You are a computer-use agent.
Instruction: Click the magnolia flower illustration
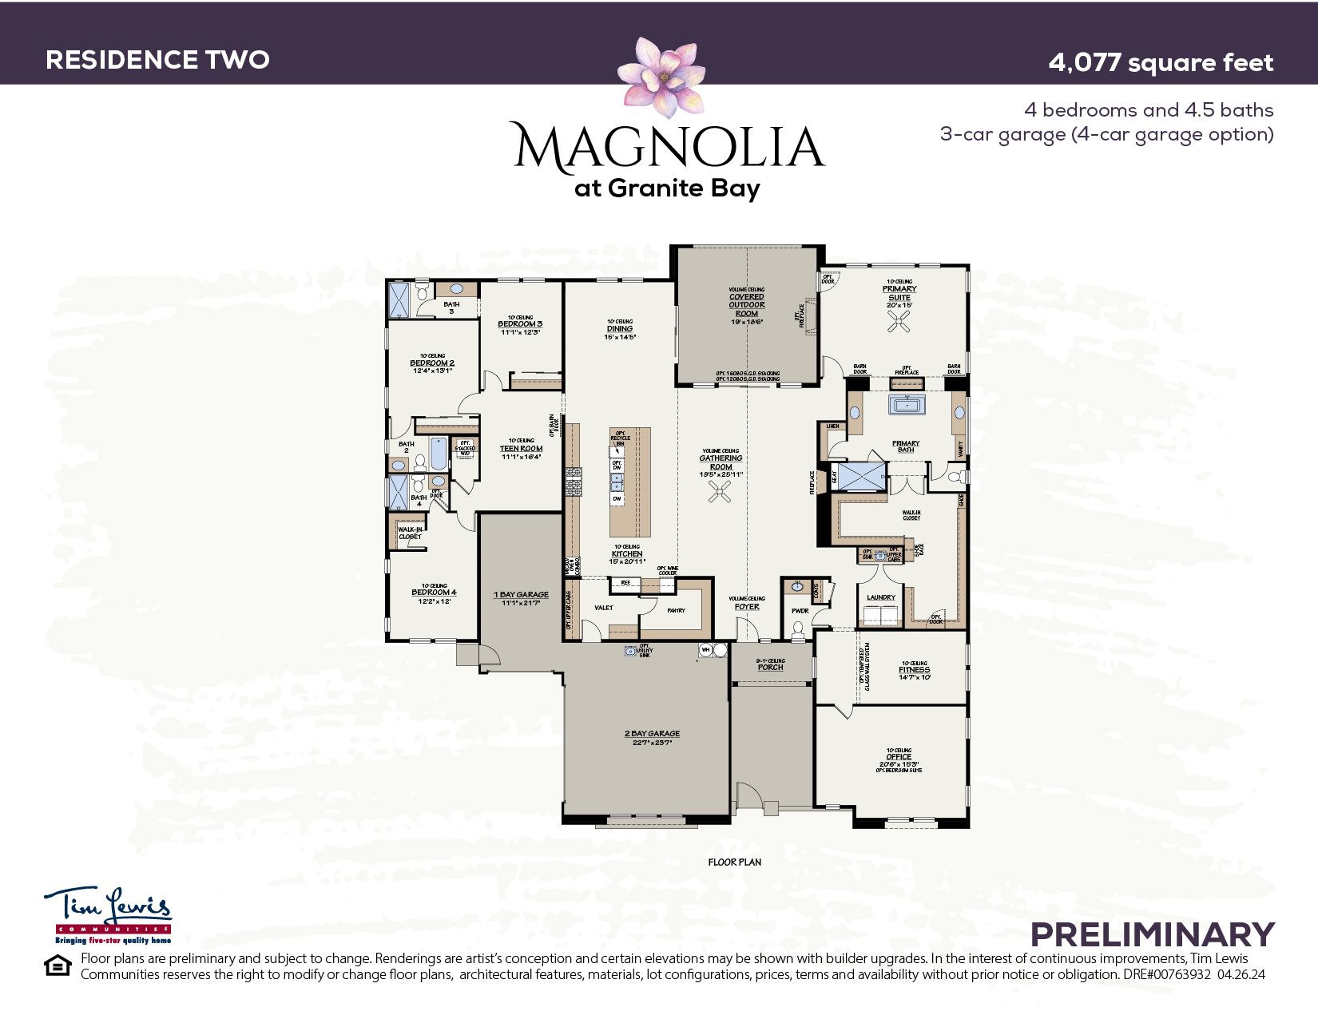point(661,77)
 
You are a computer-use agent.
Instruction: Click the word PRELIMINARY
point(1152,934)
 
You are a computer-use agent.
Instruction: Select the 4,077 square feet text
point(1160,62)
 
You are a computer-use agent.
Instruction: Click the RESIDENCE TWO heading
point(157,60)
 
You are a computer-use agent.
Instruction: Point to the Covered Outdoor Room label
point(746,304)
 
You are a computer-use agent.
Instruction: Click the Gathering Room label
point(721,462)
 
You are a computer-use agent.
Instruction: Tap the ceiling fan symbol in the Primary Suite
point(900,321)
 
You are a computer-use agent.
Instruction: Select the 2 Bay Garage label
point(652,733)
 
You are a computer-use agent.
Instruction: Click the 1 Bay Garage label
point(521,595)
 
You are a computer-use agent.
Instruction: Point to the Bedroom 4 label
point(434,593)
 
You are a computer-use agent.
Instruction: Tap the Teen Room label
point(521,449)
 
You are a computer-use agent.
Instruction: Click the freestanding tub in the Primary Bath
point(907,405)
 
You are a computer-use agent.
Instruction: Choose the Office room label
point(899,757)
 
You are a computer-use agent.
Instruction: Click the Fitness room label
point(914,670)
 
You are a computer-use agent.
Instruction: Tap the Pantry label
point(676,611)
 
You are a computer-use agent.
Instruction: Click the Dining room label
point(619,328)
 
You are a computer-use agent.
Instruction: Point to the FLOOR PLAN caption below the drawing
point(734,862)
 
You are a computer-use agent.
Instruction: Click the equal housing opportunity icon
point(58,966)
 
